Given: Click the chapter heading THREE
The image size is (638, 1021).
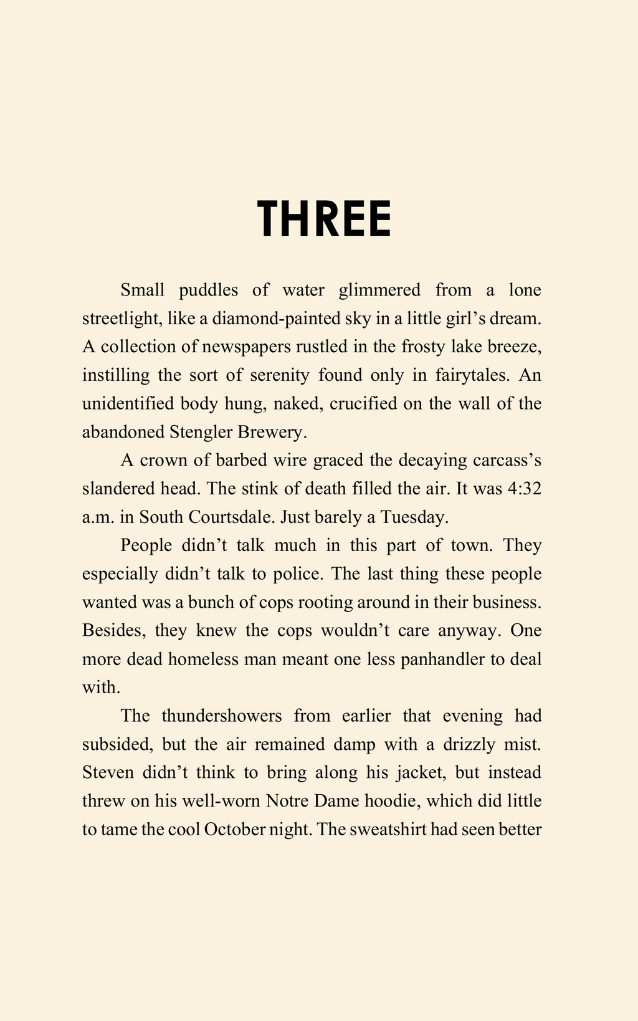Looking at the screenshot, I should click(x=325, y=219).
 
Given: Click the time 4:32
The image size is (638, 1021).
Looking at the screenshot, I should click(x=524, y=489).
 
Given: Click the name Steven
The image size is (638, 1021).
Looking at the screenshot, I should click(x=108, y=772).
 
